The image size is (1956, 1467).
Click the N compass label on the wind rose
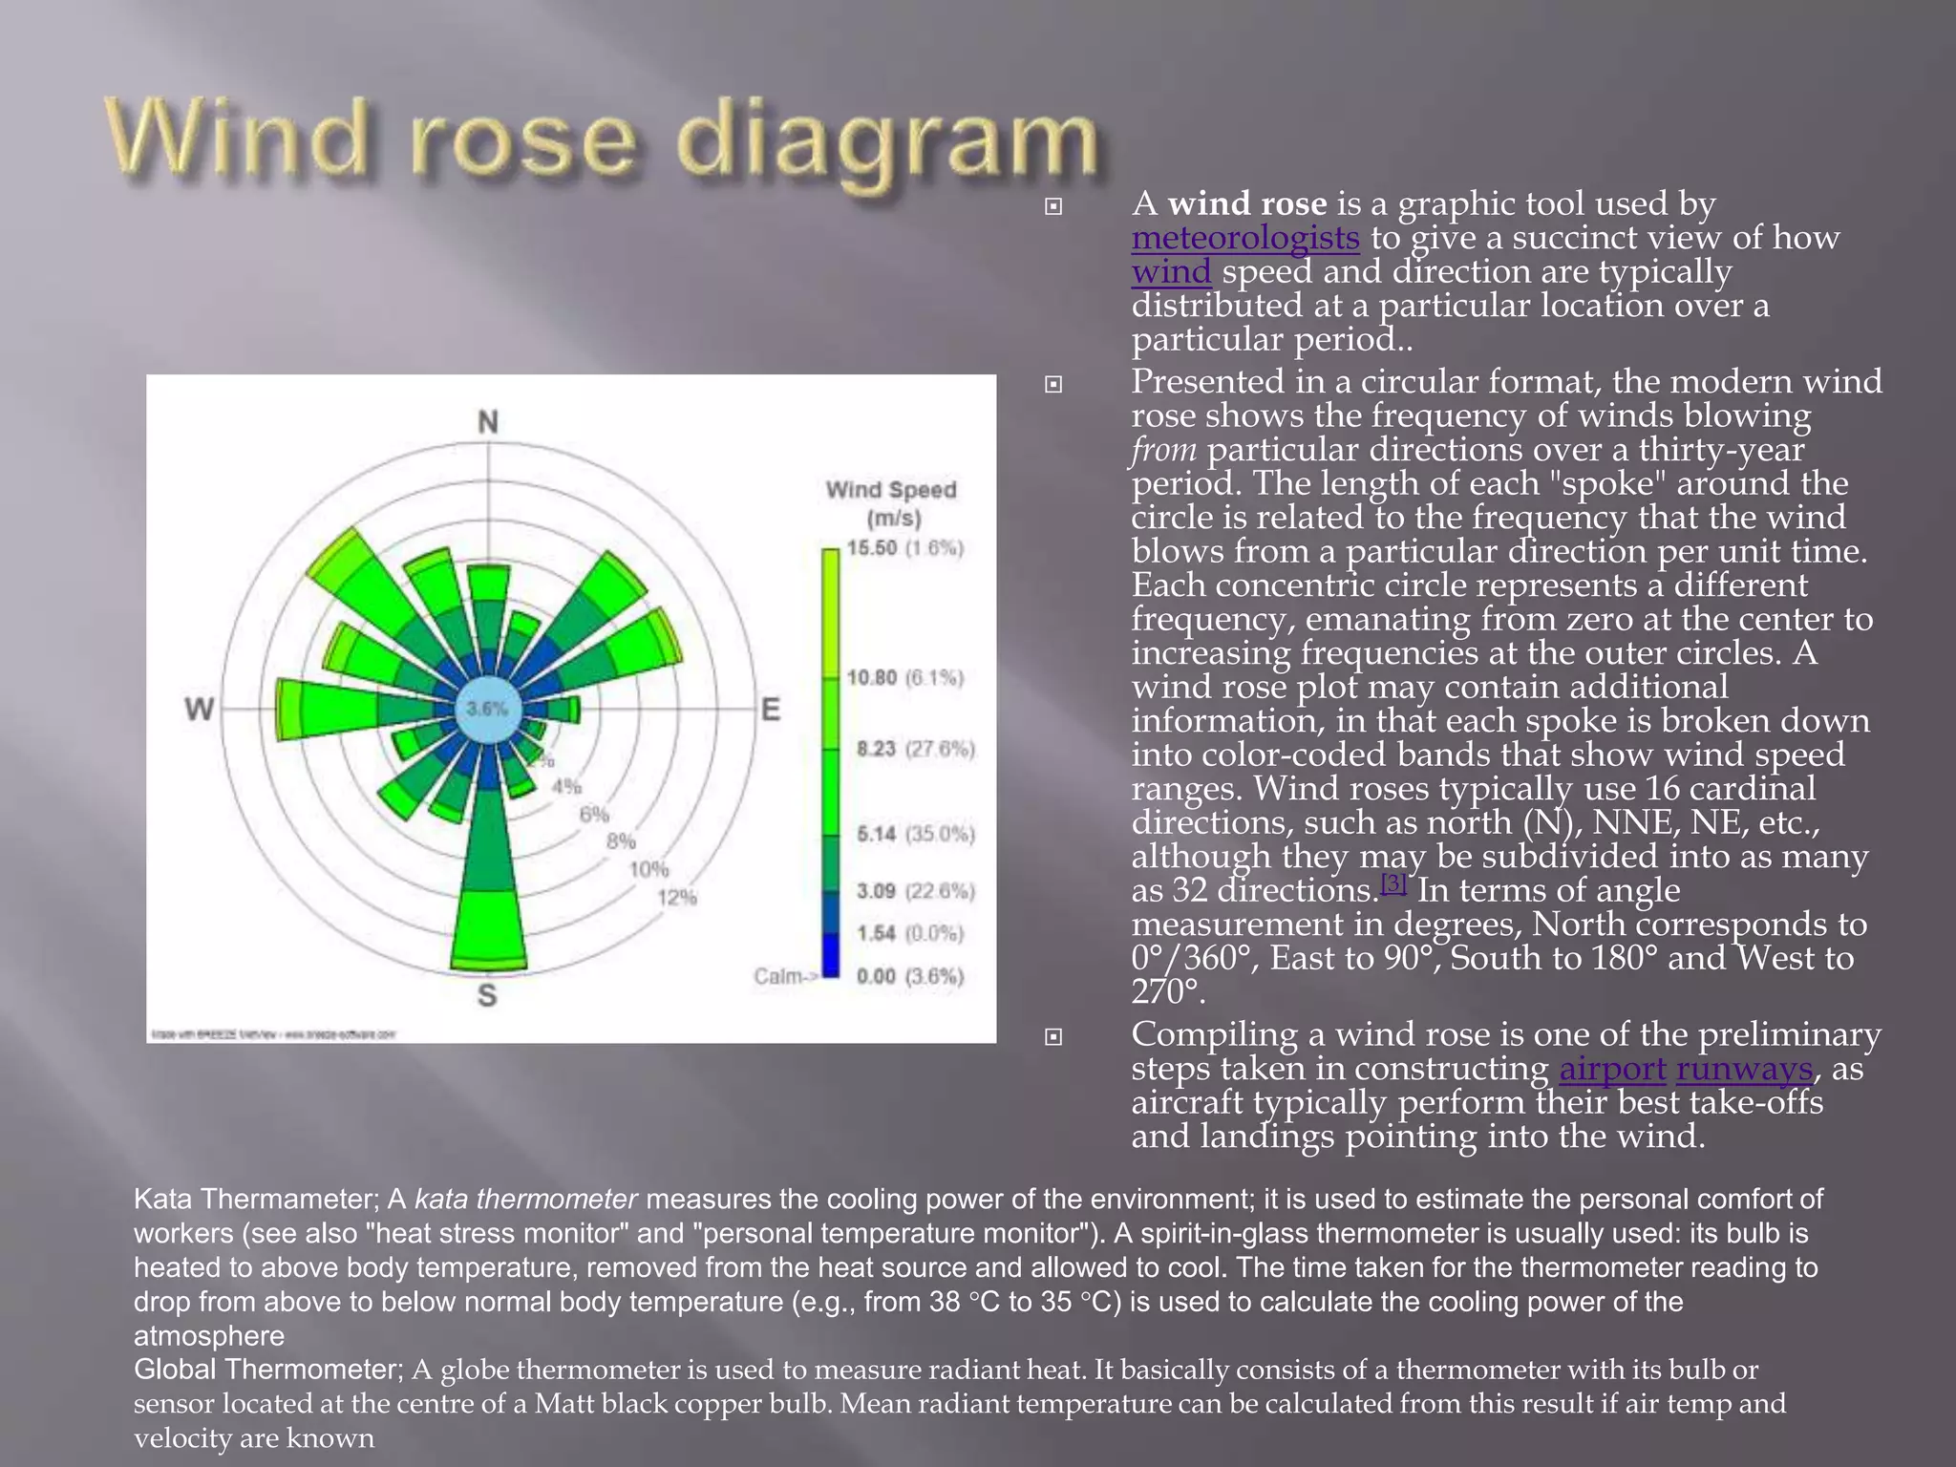click(x=488, y=421)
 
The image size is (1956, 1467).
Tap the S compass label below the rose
click(x=487, y=995)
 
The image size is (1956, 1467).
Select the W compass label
click(x=199, y=709)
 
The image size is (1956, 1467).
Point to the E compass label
click(x=771, y=710)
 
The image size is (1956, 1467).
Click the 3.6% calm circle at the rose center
click(x=487, y=710)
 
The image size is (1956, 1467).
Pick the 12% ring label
click(x=677, y=898)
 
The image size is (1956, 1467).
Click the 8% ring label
click(x=621, y=841)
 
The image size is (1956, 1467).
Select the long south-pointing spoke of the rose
click(x=489, y=888)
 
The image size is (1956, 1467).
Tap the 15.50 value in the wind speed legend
click(x=872, y=548)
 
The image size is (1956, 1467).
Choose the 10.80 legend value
click(x=872, y=678)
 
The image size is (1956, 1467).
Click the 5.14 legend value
click(x=876, y=835)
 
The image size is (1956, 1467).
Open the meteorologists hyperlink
click(x=1245, y=238)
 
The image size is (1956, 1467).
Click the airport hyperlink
click(x=1612, y=1069)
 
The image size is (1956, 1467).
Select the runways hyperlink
click(x=1744, y=1069)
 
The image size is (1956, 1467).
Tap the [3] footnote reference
click(x=1393, y=882)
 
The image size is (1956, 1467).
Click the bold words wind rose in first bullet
click(x=1247, y=203)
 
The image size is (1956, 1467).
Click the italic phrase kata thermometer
click(x=525, y=1199)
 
